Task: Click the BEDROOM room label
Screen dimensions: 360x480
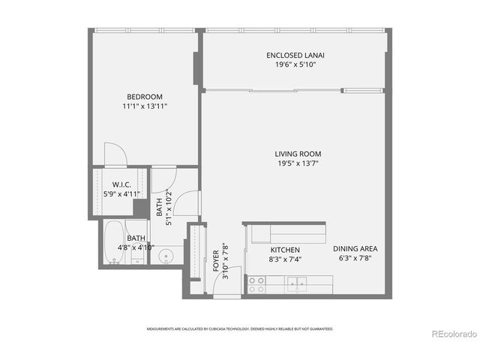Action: tap(145, 96)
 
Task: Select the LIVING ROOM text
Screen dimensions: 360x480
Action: tap(298, 154)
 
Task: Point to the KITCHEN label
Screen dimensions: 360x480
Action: tap(285, 249)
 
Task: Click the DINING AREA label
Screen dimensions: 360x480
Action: tap(357, 249)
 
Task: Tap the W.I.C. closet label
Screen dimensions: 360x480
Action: tap(122, 184)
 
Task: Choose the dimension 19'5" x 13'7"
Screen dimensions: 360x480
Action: tap(298, 163)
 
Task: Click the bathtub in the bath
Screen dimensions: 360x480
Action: tap(114, 244)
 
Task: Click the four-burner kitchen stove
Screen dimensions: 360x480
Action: tap(256, 284)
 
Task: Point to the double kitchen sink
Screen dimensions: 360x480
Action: tap(298, 283)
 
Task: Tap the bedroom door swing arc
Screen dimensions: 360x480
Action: tap(114, 153)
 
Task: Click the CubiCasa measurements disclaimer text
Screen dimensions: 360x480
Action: tap(239, 328)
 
